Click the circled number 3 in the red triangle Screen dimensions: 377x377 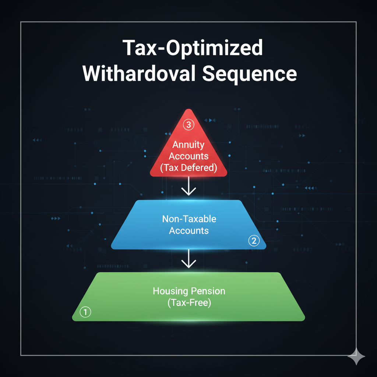pyautogui.click(x=188, y=124)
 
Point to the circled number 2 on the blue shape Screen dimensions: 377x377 pyautogui.click(x=254, y=241)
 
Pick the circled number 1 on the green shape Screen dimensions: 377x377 pyautogui.click(x=85, y=312)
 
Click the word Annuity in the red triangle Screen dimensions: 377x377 pyautogui.click(x=188, y=144)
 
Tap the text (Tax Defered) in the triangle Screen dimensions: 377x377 pyautogui.click(x=188, y=168)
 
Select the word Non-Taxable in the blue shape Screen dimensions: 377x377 pyautogui.click(x=189, y=219)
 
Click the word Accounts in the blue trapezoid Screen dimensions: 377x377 pyautogui.click(x=189, y=231)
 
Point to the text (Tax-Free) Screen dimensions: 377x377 pyautogui.click(x=189, y=303)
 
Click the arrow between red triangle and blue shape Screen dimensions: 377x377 pyautogui.click(x=189, y=187)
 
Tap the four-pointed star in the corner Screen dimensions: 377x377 pyautogui.click(x=356, y=357)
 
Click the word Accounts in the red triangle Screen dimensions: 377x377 pyautogui.click(x=188, y=156)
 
